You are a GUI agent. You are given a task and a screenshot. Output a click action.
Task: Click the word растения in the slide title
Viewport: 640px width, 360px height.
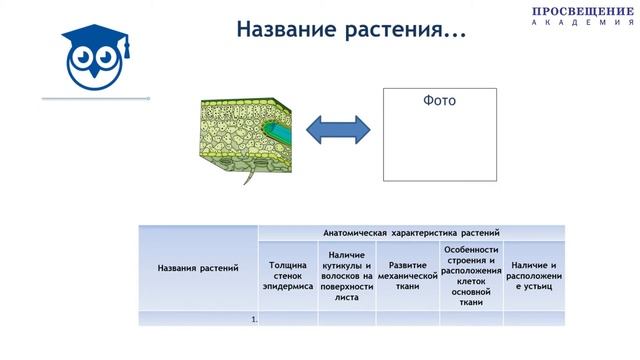coord(400,30)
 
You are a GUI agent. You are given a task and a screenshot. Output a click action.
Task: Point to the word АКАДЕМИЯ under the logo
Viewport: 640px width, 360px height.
coord(583,22)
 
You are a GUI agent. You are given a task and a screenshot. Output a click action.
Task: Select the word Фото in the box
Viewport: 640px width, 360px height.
coord(440,101)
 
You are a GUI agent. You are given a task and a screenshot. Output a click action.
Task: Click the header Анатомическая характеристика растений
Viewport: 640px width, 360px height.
coord(410,232)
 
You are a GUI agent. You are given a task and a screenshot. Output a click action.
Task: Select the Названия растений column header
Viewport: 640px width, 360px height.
coord(198,268)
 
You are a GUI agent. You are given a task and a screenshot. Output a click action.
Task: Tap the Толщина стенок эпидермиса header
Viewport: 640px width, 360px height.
coord(288,276)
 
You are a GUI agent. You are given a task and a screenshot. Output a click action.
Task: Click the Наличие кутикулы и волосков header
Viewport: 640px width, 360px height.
coord(346,276)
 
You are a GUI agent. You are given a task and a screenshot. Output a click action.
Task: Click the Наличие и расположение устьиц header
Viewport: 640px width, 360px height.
coord(533,276)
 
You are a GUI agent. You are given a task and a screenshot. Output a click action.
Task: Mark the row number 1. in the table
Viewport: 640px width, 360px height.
coord(255,319)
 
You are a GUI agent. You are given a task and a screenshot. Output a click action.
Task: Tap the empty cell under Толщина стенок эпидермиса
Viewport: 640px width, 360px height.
coord(288,319)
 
